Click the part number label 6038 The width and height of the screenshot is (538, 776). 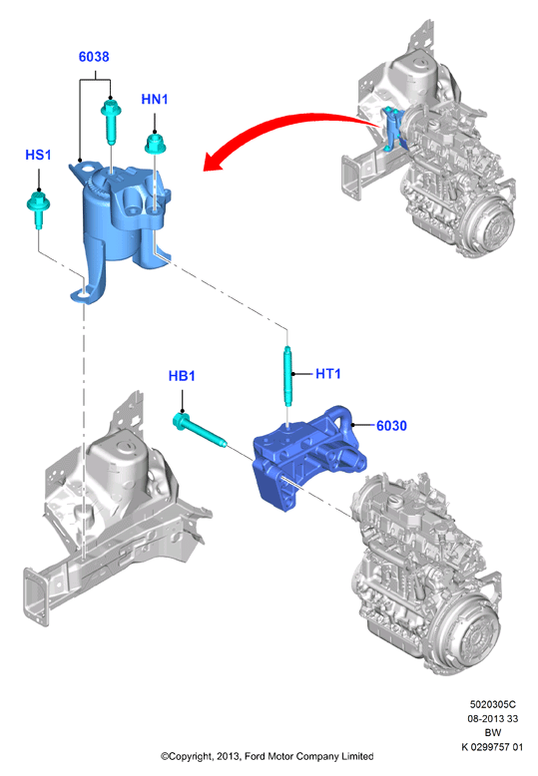pyautogui.click(x=94, y=57)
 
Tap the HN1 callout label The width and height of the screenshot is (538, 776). pyautogui.click(x=155, y=100)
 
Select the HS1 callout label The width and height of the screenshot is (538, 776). pyautogui.click(x=38, y=155)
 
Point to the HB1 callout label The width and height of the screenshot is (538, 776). pyautogui.click(x=182, y=376)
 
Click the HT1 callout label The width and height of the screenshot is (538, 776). pyautogui.click(x=328, y=374)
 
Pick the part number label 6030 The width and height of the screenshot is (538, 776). pyautogui.click(x=391, y=426)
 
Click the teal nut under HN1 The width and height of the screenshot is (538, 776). pyautogui.click(x=155, y=144)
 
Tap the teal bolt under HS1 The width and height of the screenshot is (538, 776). pyautogui.click(x=38, y=206)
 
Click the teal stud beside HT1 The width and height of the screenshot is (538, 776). pyautogui.click(x=287, y=376)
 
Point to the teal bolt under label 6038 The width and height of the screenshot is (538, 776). pyautogui.click(x=111, y=122)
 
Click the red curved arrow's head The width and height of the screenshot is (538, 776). pyautogui.click(x=214, y=160)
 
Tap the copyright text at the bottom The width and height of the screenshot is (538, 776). pyautogui.click(x=267, y=756)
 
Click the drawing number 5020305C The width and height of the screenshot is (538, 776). pyautogui.click(x=493, y=704)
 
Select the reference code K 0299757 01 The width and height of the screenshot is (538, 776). pyautogui.click(x=492, y=747)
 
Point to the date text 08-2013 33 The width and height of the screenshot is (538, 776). pyautogui.click(x=493, y=718)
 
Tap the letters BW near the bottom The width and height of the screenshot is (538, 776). pyautogui.click(x=493, y=733)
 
